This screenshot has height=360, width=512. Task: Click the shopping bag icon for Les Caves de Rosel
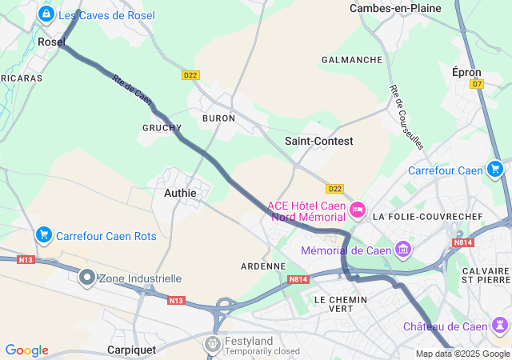(x=47, y=14)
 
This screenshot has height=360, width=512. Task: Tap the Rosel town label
(x=51, y=42)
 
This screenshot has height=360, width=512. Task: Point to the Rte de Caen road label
(x=132, y=90)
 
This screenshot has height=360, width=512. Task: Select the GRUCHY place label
(x=162, y=128)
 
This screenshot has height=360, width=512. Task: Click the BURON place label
(x=218, y=118)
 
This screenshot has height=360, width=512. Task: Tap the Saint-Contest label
(x=318, y=141)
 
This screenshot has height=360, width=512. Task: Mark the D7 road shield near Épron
(x=478, y=83)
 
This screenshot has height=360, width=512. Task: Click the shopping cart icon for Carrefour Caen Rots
(x=44, y=234)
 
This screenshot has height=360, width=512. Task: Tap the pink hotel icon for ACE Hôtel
(x=357, y=210)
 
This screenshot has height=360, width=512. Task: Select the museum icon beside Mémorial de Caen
(x=403, y=250)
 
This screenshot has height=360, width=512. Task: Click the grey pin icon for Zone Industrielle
(x=87, y=278)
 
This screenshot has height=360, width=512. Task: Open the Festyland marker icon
(x=213, y=344)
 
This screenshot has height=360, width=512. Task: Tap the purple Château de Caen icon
(x=500, y=326)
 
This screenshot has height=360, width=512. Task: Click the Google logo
(x=26, y=350)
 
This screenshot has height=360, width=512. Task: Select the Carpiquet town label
(x=137, y=350)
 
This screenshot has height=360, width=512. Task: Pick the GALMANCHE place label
(x=351, y=60)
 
